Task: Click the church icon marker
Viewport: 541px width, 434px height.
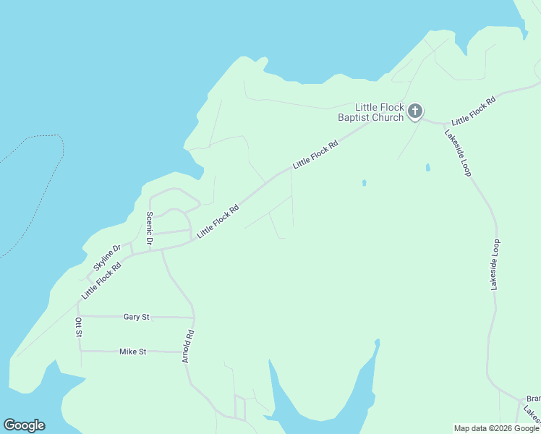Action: (x=414, y=111)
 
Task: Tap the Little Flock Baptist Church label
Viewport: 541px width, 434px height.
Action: (x=371, y=111)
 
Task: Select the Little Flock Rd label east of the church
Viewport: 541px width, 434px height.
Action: (x=473, y=111)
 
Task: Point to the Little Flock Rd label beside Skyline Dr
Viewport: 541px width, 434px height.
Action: (x=101, y=281)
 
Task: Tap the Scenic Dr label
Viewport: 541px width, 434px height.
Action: (x=150, y=228)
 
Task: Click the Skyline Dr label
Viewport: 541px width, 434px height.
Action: (x=106, y=258)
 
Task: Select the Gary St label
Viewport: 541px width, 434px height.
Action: (x=136, y=317)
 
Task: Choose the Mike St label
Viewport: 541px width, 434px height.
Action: (x=133, y=352)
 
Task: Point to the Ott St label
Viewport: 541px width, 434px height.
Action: (x=79, y=327)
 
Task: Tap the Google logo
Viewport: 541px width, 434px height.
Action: (x=24, y=425)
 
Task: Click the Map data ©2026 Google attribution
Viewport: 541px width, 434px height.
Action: (x=496, y=428)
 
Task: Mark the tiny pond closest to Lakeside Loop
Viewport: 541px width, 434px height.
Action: (x=427, y=168)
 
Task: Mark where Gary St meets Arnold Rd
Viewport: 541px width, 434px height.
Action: (x=194, y=317)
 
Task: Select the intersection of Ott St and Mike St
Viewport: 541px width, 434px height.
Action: (x=80, y=351)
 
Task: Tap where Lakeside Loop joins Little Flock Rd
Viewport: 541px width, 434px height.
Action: (x=443, y=124)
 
